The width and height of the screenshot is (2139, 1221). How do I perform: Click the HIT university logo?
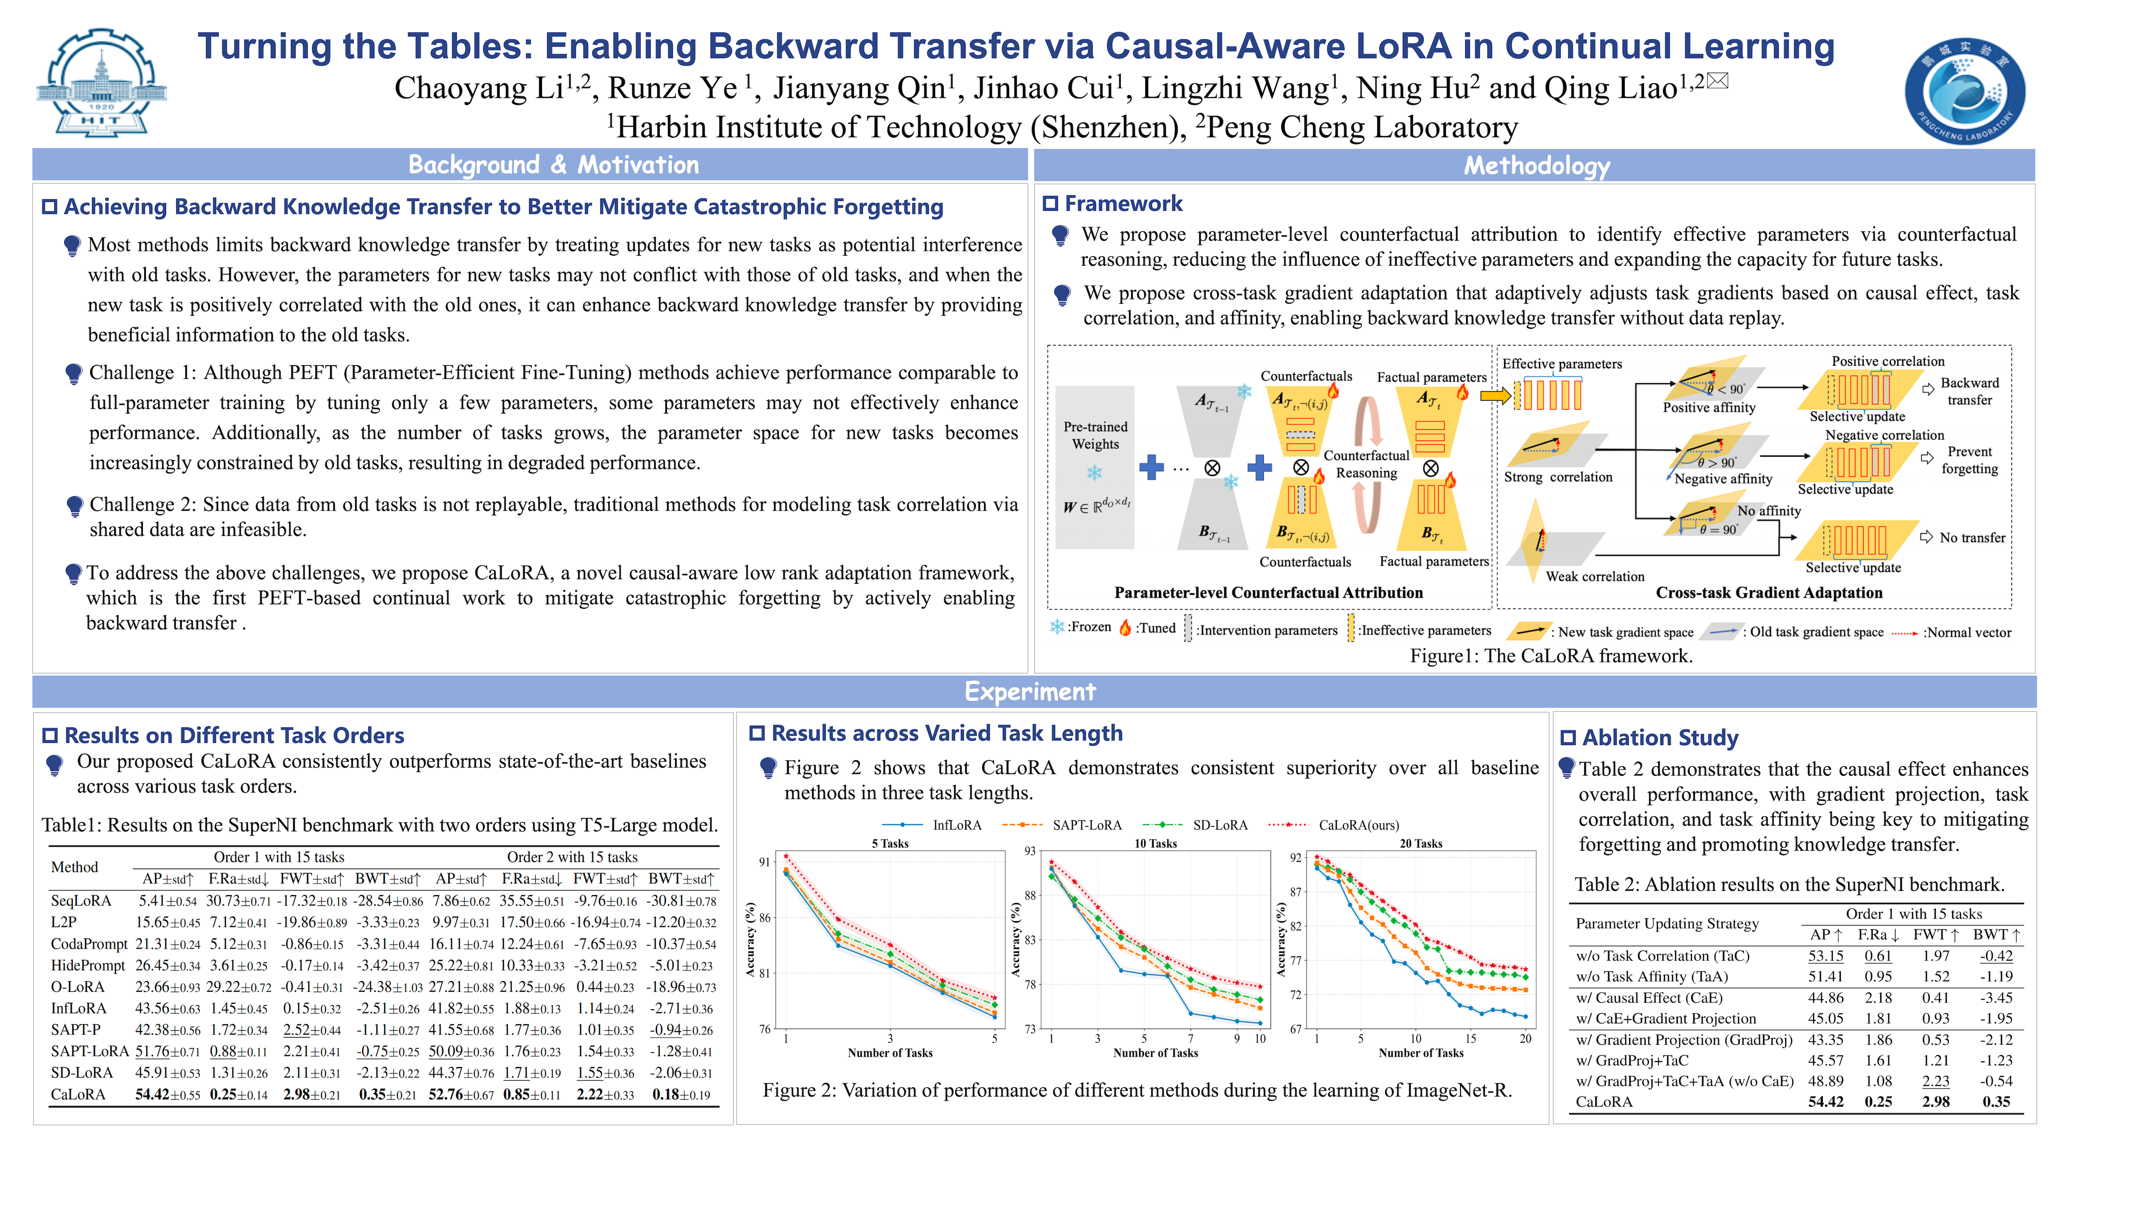[x=101, y=84]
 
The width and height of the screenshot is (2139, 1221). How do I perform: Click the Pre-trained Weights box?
[x=1095, y=465]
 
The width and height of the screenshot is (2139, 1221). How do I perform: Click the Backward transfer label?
[x=1969, y=391]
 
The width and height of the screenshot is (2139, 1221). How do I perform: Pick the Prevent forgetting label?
[x=1969, y=460]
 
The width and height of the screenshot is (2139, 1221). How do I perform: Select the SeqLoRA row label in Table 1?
[x=80, y=901]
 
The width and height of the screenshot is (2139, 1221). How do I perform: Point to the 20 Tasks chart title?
[x=1420, y=844]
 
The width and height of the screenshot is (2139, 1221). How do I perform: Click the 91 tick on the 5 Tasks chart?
[x=764, y=861]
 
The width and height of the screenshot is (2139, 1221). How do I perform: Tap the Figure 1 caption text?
[x=1551, y=656]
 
